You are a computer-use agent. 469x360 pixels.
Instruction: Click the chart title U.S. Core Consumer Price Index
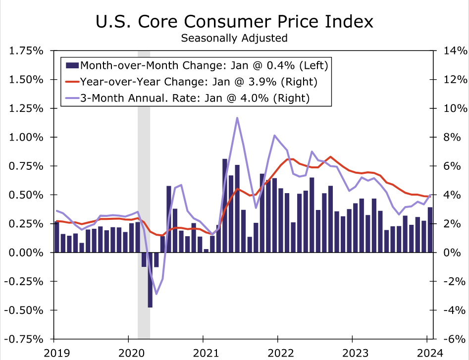(234, 22)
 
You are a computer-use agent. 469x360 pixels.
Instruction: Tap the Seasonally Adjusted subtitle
(234, 38)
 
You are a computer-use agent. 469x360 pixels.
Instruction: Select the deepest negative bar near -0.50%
(150, 280)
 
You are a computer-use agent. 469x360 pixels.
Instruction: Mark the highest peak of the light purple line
(237, 118)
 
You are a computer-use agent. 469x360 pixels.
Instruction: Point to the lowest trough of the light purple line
(156, 294)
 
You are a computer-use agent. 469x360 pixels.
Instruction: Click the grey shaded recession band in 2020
(144, 149)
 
